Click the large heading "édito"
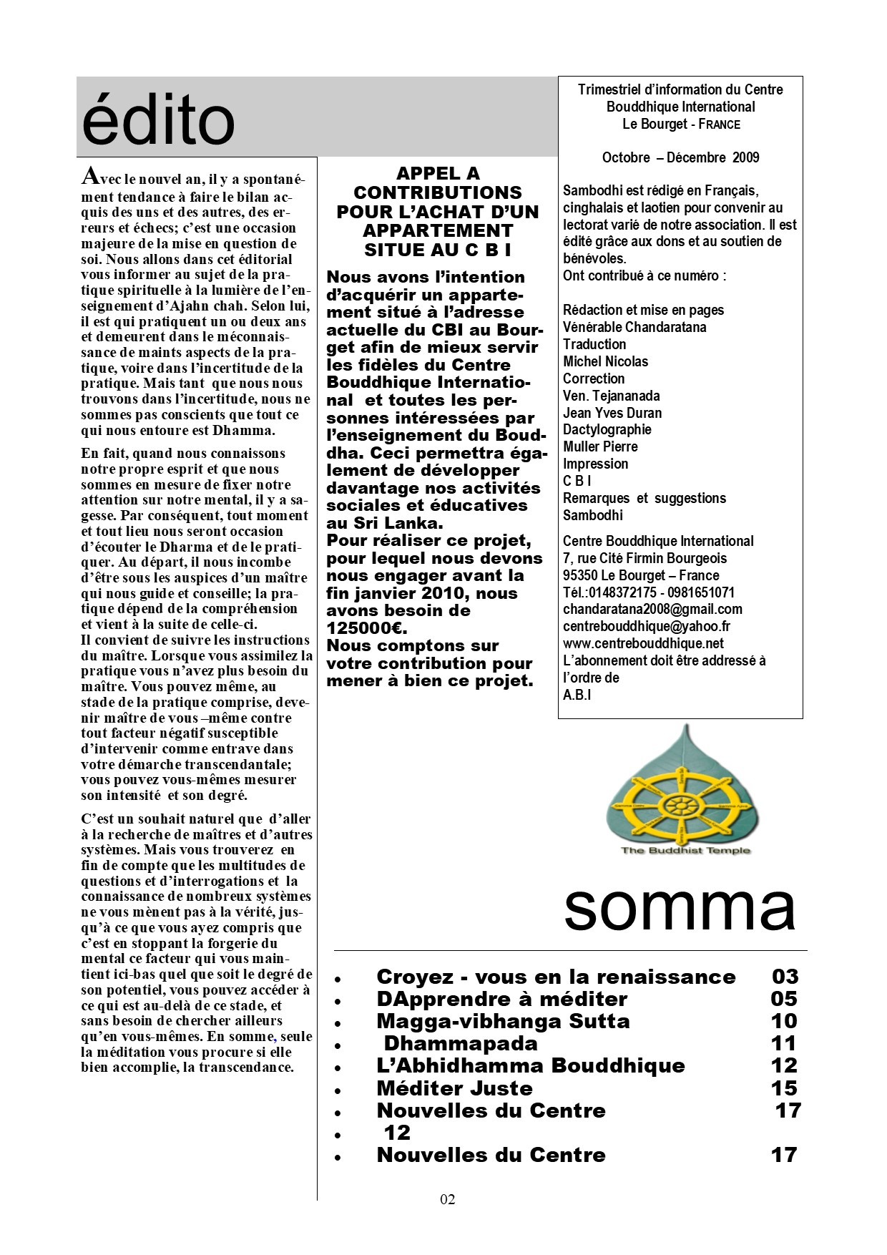pyautogui.click(x=158, y=120)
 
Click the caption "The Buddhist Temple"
pyautogui.click(x=685, y=850)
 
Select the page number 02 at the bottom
pyautogui.click(x=448, y=1200)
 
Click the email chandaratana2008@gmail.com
pyautogui.click(x=652, y=610)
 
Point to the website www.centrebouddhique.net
pyautogui.click(x=643, y=644)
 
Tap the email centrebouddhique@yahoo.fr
pyautogui.click(x=646, y=627)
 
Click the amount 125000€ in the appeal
pyautogui.click(x=367, y=628)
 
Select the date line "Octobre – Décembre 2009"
pyautogui.click(x=680, y=158)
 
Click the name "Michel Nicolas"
pyautogui.click(x=605, y=362)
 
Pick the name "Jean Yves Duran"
pyautogui.click(x=612, y=413)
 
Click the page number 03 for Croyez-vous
pyautogui.click(x=785, y=977)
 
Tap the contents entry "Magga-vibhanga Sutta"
pyautogui.click(x=503, y=1021)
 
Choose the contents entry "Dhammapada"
pyautogui.click(x=461, y=1043)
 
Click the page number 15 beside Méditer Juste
pyautogui.click(x=784, y=1088)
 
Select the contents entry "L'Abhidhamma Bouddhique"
pyautogui.click(x=530, y=1065)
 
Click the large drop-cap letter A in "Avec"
pyautogui.click(x=89, y=175)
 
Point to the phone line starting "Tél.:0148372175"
pyautogui.click(x=648, y=592)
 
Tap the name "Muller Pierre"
pyautogui.click(x=600, y=447)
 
